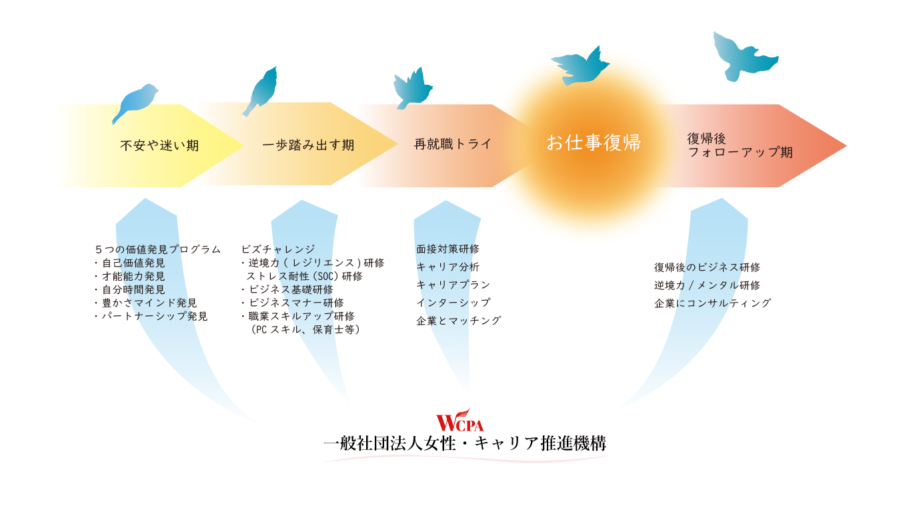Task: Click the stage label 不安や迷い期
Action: pyautogui.click(x=159, y=146)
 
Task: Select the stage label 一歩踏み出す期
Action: pyautogui.click(x=307, y=145)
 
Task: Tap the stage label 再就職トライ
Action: pyautogui.click(x=452, y=144)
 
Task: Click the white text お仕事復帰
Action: pyautogui.click(x=593, y=143)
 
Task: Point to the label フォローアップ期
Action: pyautogui.click(x=740, y=153)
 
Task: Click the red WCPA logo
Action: pyautogui.click(x=460, y=419)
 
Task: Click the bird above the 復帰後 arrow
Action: pyautogui.click(x=744, y=55)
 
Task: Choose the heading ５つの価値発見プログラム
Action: pyautogui.click(x=158, y=249)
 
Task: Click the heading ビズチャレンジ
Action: pyautogui.click(x=278, y=249)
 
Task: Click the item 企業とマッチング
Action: pyautogui.click(x=458, y=321)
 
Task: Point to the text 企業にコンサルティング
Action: pyautogui.click(x=712, y=303)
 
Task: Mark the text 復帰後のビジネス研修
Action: pyautogui.click(x=707, y=268)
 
